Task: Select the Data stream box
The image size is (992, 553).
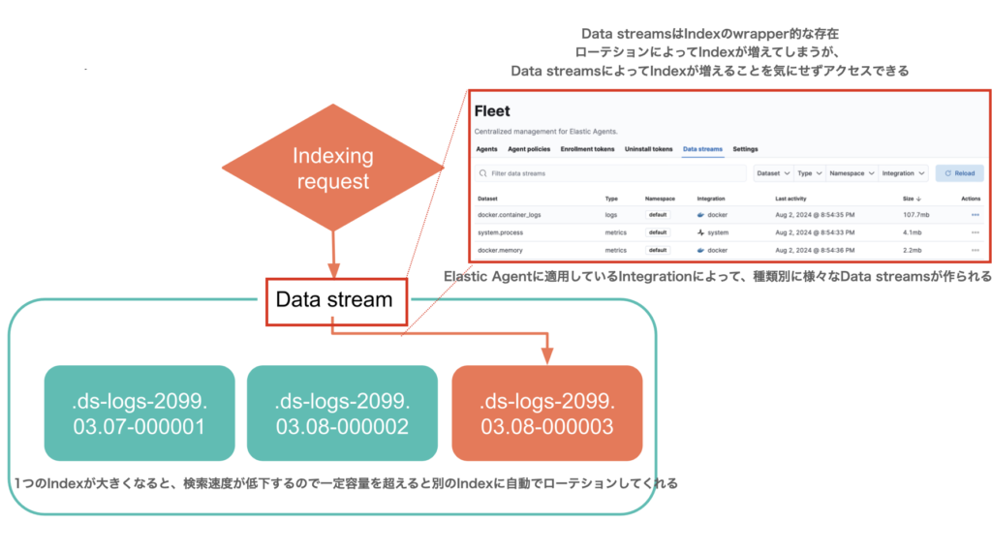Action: pyautogui.click(x=334, y=299)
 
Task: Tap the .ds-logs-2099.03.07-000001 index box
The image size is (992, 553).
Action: pyautogui.click(x=139, y=413)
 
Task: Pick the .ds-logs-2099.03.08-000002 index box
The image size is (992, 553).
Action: pyautogui.click(x=342, y=413)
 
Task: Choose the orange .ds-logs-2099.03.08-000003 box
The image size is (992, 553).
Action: pyautogui.click(x=547, y=413)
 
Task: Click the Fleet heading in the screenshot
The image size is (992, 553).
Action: pyautogui.click(x=492, y=111)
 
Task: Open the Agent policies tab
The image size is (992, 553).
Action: pyautogui.click(x=529, y=149)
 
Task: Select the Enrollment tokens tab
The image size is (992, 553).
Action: pyautogui.click(x=588, y=149)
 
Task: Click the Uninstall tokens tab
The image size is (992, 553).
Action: pyautogui.click(x=649, y=149)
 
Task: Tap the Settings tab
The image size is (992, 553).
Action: pyautogui.click(x=745, y=149)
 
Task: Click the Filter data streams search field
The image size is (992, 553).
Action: pyautogui.click(x=610, y=173)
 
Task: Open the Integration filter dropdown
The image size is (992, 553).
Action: pyautogui.click(x=904, y=173)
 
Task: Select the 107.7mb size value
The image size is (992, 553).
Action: pyautogui.click(x=915, y=214)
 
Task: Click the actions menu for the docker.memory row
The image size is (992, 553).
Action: pyautogui.click(x=975, y=250)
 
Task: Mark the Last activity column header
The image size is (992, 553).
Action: pyautogui.click(x=794, y=198)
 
